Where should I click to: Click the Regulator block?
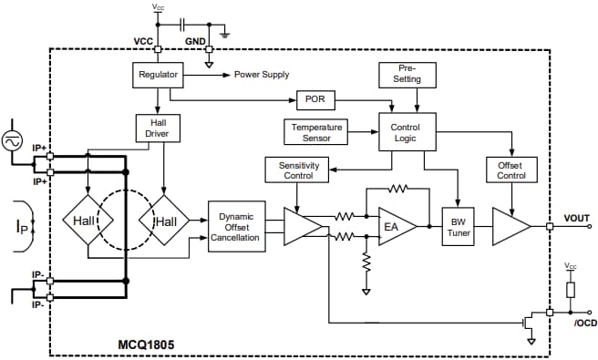[158, 74]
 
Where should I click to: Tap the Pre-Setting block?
[407, 74]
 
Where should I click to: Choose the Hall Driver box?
[158, 128]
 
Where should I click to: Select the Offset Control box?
[510, 169]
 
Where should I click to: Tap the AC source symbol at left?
[14, 141]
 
